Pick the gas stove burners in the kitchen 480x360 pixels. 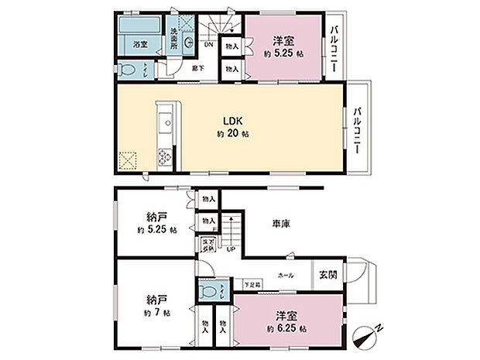tap(166, 158)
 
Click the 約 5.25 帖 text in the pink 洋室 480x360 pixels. tap(283, 56)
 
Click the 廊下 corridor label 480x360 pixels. tap(198, 69)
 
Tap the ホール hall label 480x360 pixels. tap(286, 274)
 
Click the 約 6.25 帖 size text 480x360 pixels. tap(286, 328)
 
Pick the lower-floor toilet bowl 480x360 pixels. tap(206, 291)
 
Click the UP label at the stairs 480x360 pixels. tap(231, 249)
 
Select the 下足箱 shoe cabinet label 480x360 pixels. tap(252, 285)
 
